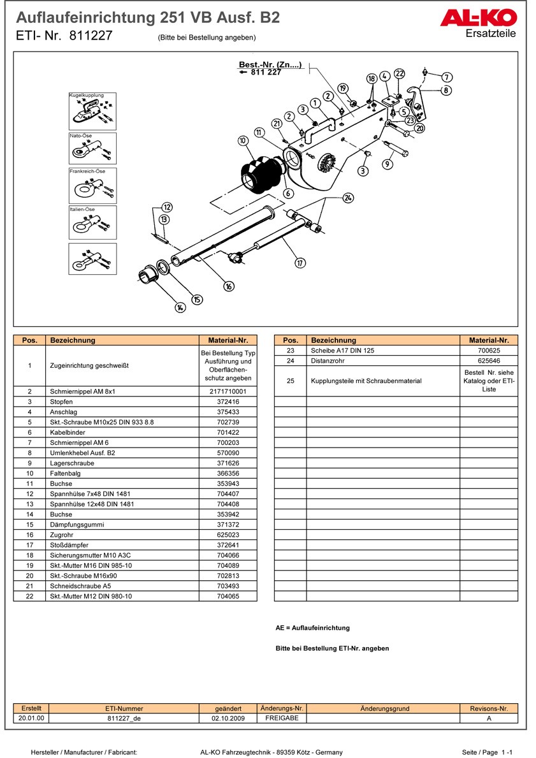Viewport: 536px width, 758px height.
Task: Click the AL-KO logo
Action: click(x=478, y=18)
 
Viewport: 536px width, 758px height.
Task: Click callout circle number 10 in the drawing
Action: click(x=243, y=140)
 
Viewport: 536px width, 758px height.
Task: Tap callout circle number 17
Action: click(x=300, y=263)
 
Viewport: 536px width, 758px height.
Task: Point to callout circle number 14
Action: click(x=180, y=307)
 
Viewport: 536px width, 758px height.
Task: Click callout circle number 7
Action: click(x=447, y=77)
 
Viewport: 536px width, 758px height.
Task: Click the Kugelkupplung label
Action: click(x=86, y=95)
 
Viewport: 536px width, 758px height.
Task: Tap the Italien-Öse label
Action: click(x=82, y=209)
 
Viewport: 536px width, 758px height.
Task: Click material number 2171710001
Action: click(x=228, y=391)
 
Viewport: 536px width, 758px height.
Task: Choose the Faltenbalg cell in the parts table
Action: click(x=62, y=474)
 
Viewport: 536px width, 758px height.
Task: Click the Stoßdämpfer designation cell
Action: click(x=66, y=545)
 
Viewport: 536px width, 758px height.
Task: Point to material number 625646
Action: click(x=489, y=361)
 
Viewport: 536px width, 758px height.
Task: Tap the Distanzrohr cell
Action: click(x=326, y=361)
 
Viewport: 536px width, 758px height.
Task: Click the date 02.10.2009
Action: click(x=228, y=718)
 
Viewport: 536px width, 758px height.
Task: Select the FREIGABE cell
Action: click(x=281, y=718)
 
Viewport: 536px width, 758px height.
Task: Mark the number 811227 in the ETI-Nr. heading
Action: click(x=91, y=36)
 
